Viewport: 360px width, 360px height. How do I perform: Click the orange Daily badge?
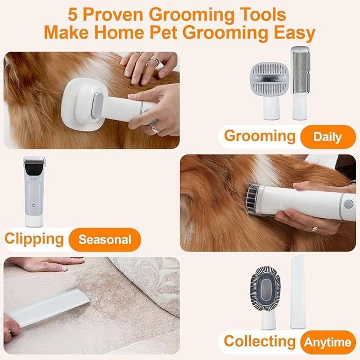pyautogui.click(x=328, y=137)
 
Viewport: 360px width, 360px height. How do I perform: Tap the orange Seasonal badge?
pyautogui.click(x=105, y=240)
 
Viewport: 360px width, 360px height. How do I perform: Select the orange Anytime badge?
pyautogui.click(x=328, y=342)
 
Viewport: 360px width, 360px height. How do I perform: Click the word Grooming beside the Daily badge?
pyautogui.click(x=260, y=136)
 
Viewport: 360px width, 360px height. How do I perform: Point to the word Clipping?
pyautogui.click(x=34, y=239)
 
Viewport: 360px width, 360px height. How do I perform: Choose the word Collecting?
pyautogui.click(x=260, y=341)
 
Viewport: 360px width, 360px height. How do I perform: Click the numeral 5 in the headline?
pyautogui.click(x=72, y=15)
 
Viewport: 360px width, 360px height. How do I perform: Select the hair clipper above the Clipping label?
pyautogui.click(x=34, y=192)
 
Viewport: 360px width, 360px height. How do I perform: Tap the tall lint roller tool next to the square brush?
pyautogui.click(x=300, y=83)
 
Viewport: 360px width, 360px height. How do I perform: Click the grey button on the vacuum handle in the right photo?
pyautogui.click(x=348, y=204)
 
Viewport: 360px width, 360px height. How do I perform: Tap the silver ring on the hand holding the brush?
pyautogui.click(x=155, y=128)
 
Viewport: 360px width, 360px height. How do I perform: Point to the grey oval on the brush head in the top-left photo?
pyautogui.click(x=98, y=105)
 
